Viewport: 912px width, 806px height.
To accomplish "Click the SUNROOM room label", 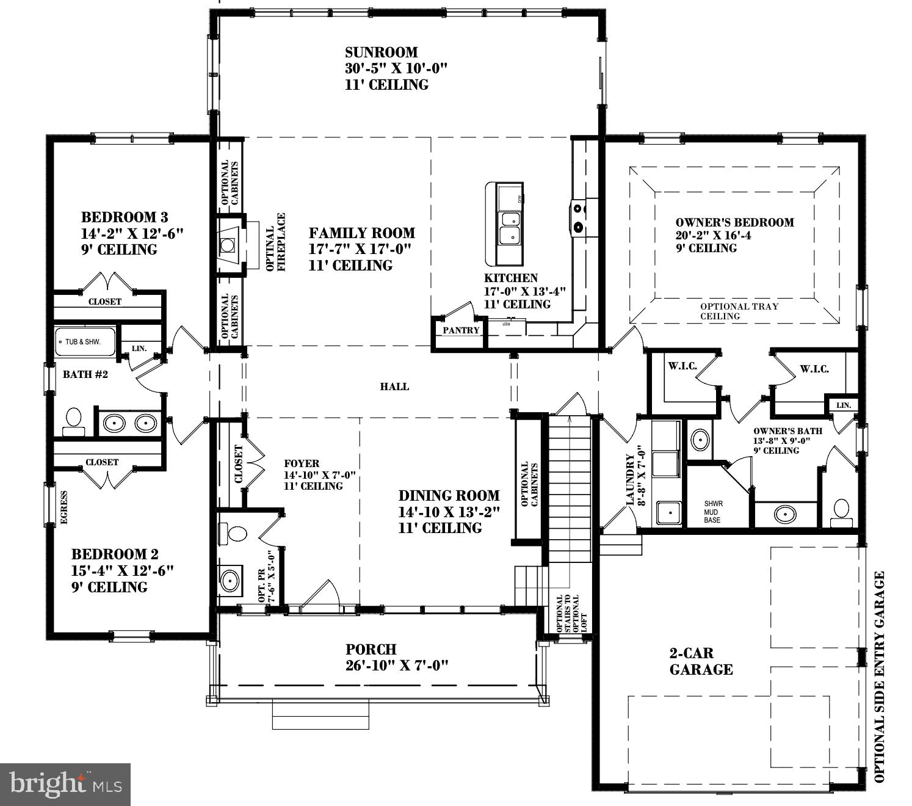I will coord(382,53).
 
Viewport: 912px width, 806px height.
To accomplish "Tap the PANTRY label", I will coord(461,330).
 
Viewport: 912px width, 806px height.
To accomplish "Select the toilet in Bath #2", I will coord(74,420).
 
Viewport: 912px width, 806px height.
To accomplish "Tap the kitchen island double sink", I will coord(509,227).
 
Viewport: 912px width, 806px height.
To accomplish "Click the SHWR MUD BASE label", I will coord(712,512).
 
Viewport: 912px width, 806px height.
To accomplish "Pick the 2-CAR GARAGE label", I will coord(701,661).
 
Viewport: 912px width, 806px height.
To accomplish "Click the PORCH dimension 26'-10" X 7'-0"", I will coord(397,665).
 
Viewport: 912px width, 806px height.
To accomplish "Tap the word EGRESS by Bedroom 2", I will coord(63,507).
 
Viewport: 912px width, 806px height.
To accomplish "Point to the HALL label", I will coord(394,387).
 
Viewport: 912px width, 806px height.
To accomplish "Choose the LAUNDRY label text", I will coord(630,479).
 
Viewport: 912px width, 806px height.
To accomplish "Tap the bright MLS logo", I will coord(65,784).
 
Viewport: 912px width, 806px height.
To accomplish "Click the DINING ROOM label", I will coord(449,496).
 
